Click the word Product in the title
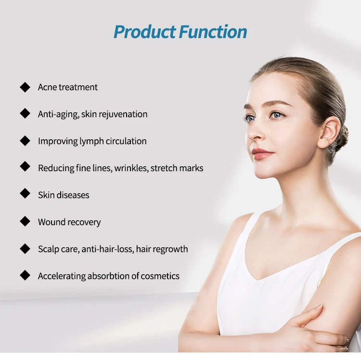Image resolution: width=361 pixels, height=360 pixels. point(144,32)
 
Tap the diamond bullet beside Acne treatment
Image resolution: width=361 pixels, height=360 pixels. point(25,87)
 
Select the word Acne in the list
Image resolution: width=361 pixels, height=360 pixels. point(47,87)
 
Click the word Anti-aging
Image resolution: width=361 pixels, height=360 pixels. point(58,114)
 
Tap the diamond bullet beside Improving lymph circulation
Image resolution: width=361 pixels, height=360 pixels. point(25,141)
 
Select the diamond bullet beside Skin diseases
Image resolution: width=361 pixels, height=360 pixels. point(25,194)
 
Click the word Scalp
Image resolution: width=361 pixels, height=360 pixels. point(49,249)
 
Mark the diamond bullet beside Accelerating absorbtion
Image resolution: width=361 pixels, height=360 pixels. point(25,275)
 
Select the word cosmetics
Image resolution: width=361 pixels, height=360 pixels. point(161,276)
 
